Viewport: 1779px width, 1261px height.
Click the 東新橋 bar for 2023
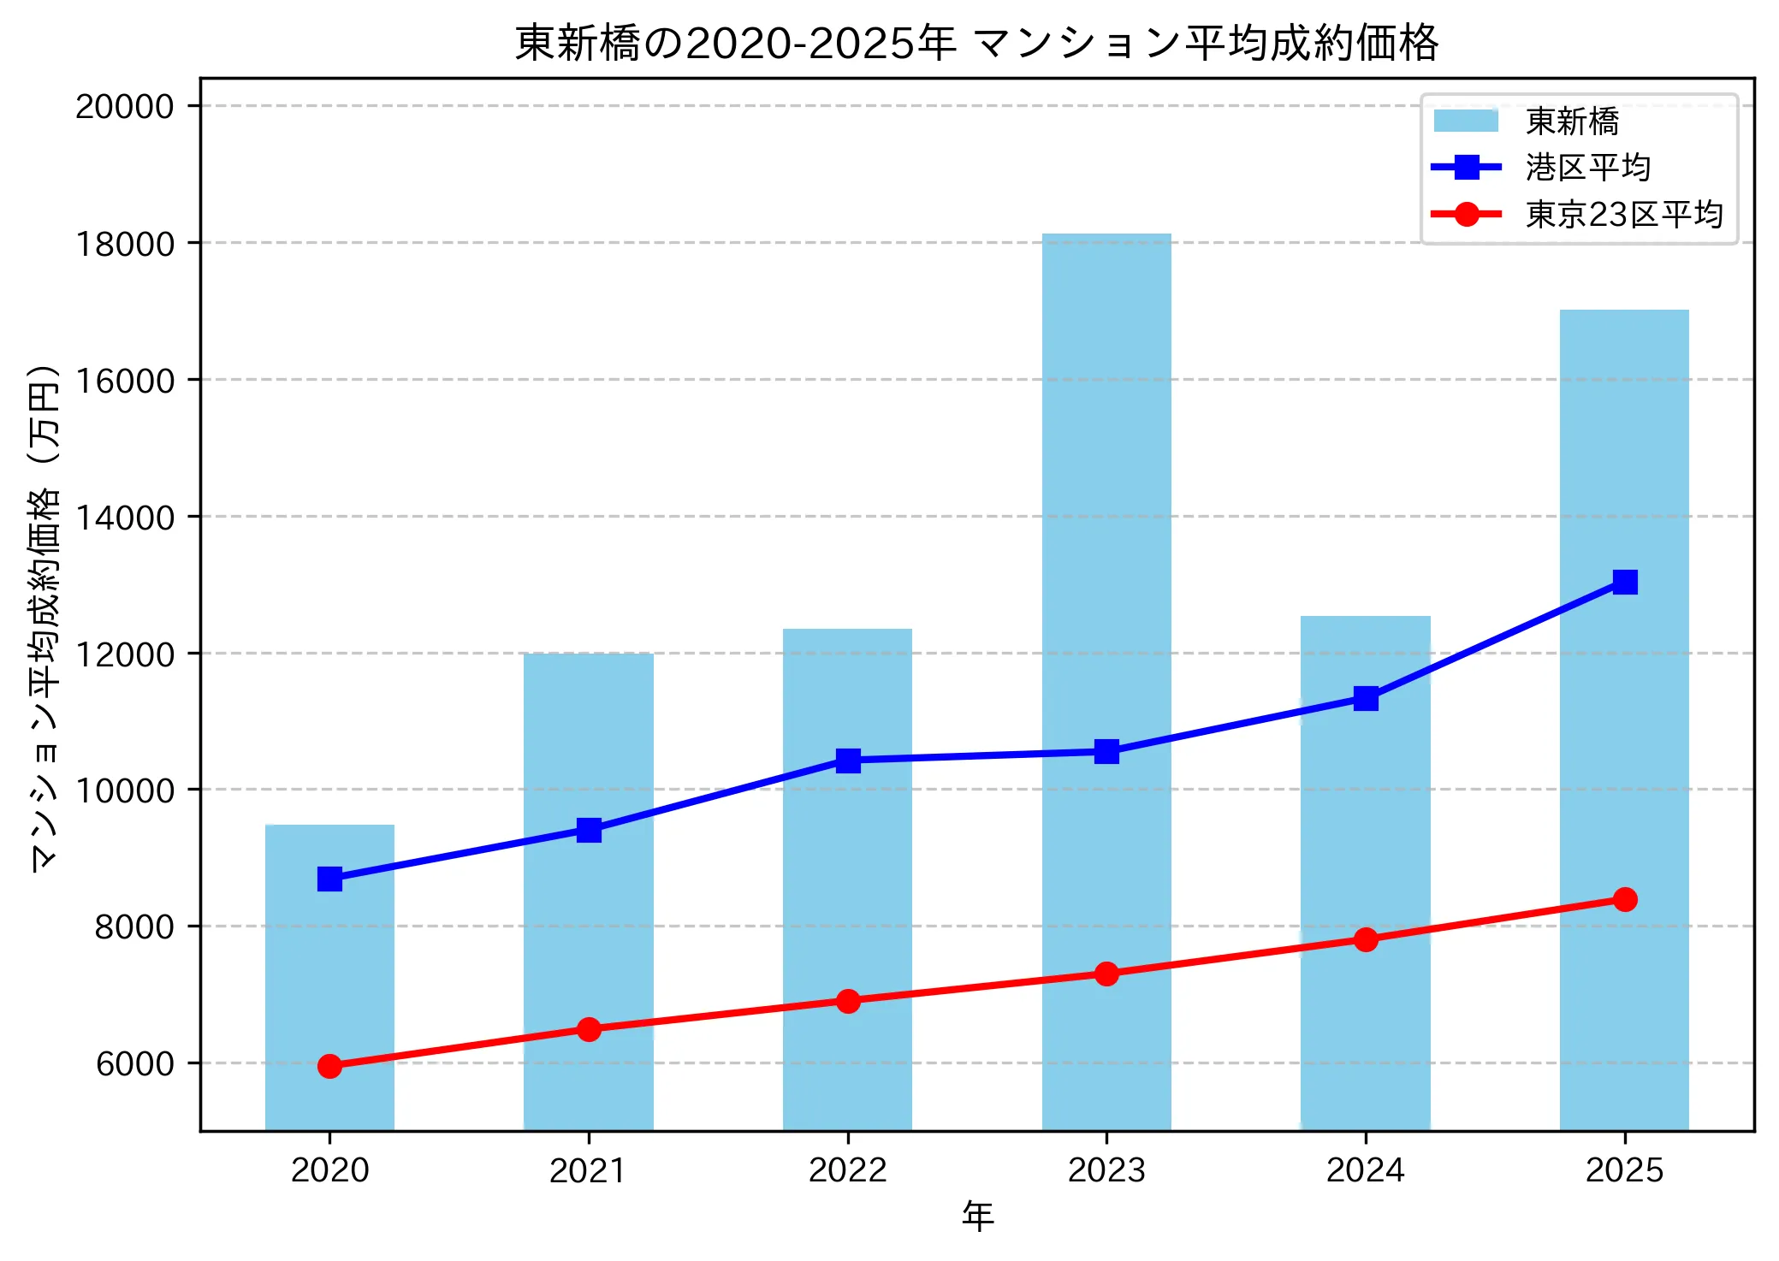(x=1106, y=513)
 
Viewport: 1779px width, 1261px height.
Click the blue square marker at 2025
(x=1624, y=582)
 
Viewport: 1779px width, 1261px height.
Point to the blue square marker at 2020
(x=329, y=879)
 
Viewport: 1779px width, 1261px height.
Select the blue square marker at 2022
(x=847, y=761)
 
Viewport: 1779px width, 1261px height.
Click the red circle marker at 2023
(x=1106, y=974)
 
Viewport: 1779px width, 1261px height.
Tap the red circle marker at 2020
(x=329, y=1066)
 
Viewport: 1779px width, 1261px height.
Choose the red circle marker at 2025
(x=1624, y=899)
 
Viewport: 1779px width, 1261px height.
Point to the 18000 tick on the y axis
(x=125, y=244)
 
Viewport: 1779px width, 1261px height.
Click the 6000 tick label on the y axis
(x=134, y=1063)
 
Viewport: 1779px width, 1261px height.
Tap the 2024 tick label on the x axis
(x=1365, y=1170)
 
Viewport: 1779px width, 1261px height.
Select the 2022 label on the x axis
(x=847, y=1170)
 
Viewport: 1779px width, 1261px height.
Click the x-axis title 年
(x=977, y=1216)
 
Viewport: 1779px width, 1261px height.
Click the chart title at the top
(x=976, y=43)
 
